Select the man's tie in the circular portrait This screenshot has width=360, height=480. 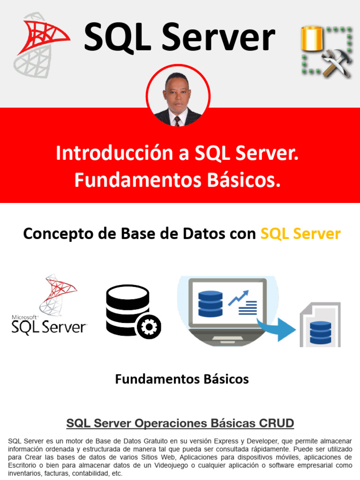(177, 120)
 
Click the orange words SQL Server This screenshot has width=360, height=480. (300, 233)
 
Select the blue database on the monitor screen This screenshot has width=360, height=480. (210, 304)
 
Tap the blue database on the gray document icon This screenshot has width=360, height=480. (321, 332)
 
